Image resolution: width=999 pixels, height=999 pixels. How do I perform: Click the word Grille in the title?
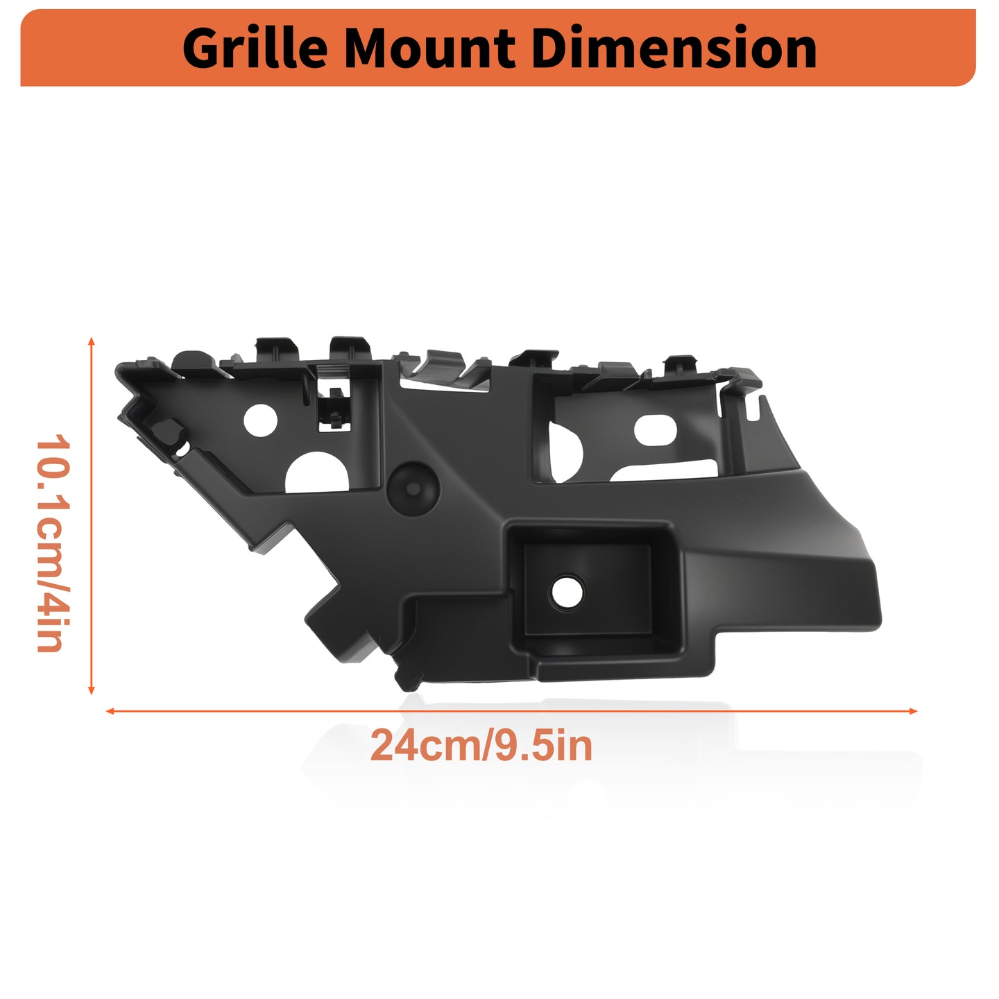coord(255,49)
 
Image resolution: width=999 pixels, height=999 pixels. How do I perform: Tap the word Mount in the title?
coord(429,49)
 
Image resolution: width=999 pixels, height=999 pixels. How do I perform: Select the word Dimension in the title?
coord(674,48)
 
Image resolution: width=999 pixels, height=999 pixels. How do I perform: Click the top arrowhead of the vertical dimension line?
coord(92,341)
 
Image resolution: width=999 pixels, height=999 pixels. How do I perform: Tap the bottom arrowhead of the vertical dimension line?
coord(92,690)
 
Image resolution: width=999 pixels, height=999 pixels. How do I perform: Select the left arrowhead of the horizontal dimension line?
coord(110,711)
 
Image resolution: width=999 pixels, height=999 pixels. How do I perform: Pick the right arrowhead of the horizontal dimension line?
coord(913,711)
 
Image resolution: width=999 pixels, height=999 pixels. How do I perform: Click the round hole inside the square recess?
coord(567,592)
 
